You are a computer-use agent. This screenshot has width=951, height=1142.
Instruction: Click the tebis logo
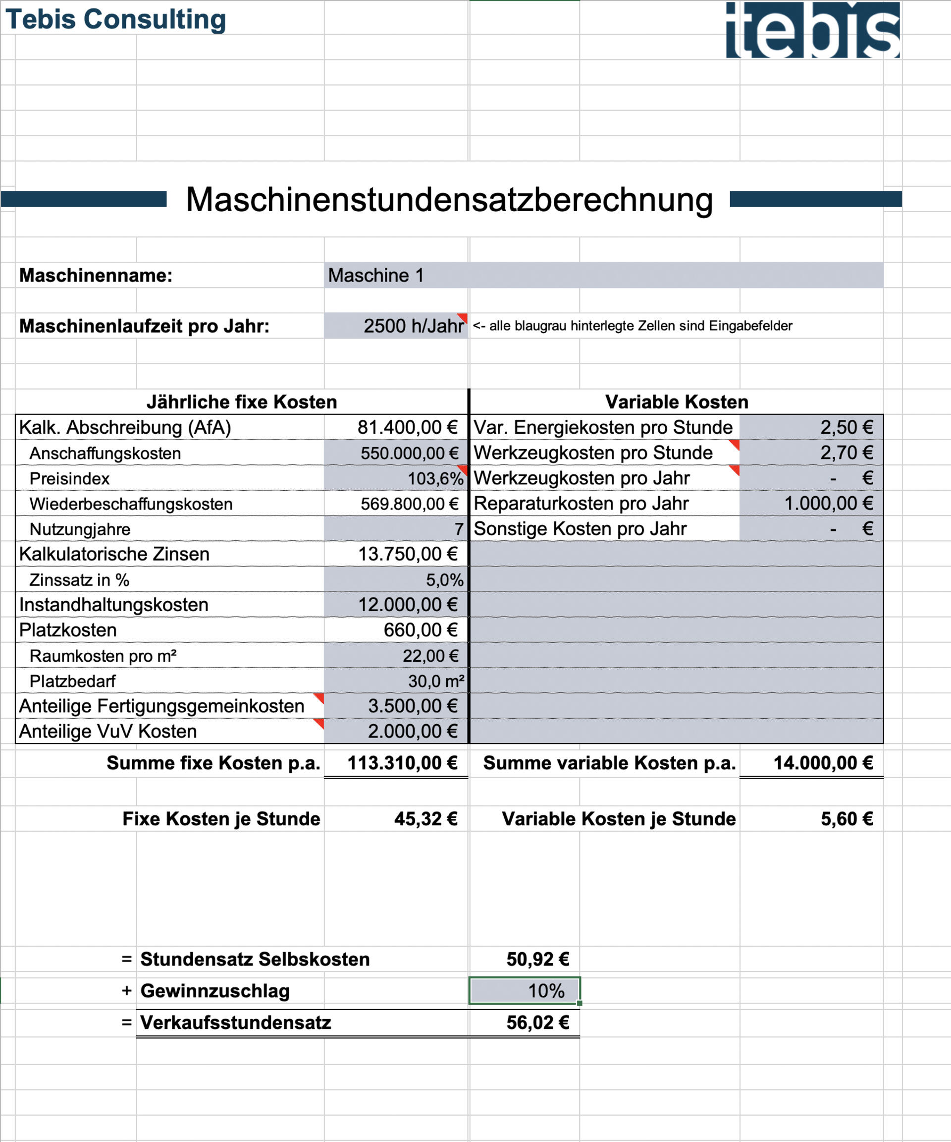click(x=812, y=30)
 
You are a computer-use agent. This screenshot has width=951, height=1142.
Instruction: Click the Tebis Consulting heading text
click(x=116, y=19)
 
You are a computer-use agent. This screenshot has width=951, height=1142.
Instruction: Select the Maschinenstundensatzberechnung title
click(x=449, y=200)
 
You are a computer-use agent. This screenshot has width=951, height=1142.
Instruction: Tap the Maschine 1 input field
click(x=603, y=275)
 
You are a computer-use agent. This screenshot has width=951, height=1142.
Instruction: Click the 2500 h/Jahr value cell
click(x=413, y=326)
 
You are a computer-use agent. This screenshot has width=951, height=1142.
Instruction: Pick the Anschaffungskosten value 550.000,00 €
click(x=409, y=453)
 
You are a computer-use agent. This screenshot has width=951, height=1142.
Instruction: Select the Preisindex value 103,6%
click(x=435, y=478)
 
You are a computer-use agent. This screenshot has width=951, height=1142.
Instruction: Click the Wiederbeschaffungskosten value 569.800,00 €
click(x=409, y=504)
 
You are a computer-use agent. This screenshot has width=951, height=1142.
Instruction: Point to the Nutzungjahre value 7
click(x=458, y=529)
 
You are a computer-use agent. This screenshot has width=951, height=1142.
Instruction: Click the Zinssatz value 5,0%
click(x=444, y=580)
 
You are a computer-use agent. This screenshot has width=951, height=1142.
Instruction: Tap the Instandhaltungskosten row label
click(x=113, y=605)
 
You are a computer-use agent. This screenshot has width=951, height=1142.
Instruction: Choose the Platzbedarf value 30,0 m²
click(x=436, y=681)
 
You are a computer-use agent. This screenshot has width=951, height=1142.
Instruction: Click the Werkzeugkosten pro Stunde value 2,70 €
click(x=846, y=453)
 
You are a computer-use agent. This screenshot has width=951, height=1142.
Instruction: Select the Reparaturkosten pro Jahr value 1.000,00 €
click(x=828, y=503)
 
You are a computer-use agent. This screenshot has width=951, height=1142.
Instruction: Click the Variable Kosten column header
click(x=677, y=402)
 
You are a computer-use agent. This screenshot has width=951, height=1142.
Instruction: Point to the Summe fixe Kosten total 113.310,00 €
click(x=402, y=763)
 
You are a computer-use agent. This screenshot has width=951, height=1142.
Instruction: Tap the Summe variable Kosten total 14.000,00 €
click(x=823, y=763)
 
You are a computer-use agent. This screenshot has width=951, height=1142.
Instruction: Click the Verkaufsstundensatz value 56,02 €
click(x=537, y=1023)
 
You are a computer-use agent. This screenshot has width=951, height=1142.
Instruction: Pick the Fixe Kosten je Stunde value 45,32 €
click(x=425, y=819)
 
